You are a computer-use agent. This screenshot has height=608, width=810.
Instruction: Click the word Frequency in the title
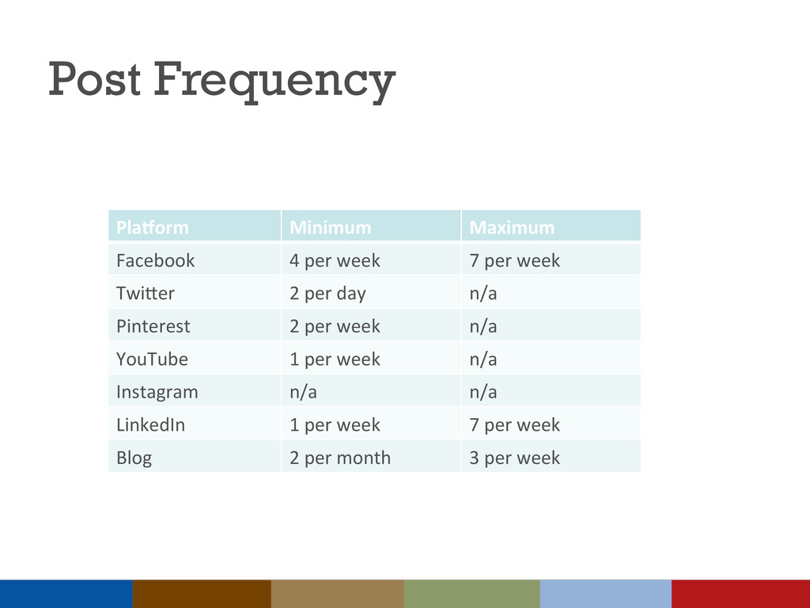point(274,81)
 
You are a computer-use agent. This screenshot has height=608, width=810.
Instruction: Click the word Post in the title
point(95,78)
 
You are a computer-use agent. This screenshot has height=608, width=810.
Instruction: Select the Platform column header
point(153,227)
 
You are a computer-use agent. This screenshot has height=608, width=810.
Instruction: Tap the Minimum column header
point(330,227)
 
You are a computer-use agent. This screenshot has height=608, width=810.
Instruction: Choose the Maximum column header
point(512,227)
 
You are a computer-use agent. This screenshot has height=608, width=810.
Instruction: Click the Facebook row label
point(156,260)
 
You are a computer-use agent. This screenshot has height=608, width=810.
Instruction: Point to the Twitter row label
point(146,293)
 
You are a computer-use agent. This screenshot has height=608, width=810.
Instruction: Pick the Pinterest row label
point(153,326)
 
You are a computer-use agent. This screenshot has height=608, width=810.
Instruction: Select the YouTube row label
point(152,359)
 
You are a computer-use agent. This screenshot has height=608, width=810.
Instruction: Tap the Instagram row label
point(157,393)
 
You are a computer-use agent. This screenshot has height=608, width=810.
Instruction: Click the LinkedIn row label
point(150,424)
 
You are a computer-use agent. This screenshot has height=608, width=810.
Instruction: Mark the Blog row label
point(134,458)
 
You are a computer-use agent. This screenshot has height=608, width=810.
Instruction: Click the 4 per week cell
point(335,260)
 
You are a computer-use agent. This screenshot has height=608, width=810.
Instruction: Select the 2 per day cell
point(327,294)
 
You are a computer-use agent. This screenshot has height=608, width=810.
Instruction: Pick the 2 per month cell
point(340,458)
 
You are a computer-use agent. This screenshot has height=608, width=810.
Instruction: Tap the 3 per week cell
point(514,458)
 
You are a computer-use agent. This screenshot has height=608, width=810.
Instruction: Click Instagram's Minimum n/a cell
point(303,392)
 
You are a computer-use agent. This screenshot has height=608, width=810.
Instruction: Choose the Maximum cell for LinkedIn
point(514,425)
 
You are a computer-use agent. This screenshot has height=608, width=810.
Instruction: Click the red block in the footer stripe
point(740,594)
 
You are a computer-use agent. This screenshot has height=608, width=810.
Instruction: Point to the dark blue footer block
point(66,594)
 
